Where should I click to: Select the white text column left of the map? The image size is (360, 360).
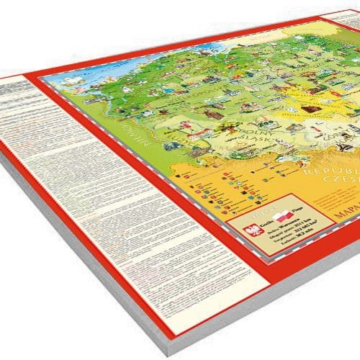(72, 187)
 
